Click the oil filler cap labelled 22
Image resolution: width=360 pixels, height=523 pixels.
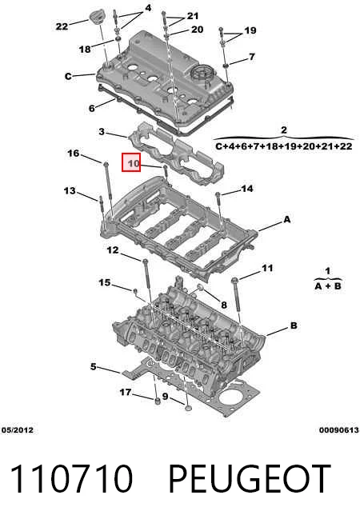97,18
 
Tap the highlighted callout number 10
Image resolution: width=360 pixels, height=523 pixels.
133,163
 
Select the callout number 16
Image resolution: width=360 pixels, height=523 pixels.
74,153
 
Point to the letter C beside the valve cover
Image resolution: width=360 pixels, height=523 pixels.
68,77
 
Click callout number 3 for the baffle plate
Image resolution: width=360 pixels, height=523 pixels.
102,131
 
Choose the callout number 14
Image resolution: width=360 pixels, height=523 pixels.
247,189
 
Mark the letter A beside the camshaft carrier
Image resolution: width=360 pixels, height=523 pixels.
286,219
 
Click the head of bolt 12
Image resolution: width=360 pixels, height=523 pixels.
145,261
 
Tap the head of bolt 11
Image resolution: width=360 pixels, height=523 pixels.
234,280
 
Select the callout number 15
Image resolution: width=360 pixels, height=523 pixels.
105,282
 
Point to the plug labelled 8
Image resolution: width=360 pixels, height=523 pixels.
201,287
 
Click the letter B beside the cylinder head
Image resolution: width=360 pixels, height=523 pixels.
294,325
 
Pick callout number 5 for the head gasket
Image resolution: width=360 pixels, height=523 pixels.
94,366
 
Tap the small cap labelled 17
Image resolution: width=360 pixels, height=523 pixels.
157,401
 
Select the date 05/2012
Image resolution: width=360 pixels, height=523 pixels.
18,430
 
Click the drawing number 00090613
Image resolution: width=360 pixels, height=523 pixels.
338,430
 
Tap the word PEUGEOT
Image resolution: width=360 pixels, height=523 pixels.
250,478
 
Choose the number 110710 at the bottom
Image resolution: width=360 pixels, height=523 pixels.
71,478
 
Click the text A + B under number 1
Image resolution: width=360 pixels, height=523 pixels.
328,285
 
